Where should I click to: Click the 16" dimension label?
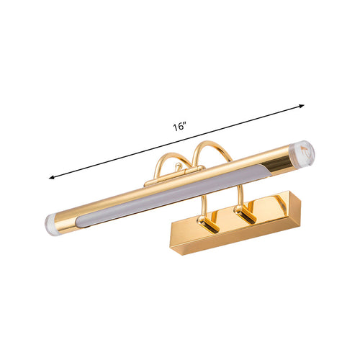[180, 127]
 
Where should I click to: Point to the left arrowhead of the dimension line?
[51, 178]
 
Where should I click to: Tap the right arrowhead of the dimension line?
[302, 106]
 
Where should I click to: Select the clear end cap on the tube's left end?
[50, 222]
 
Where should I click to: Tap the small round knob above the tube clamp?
[178, 166]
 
